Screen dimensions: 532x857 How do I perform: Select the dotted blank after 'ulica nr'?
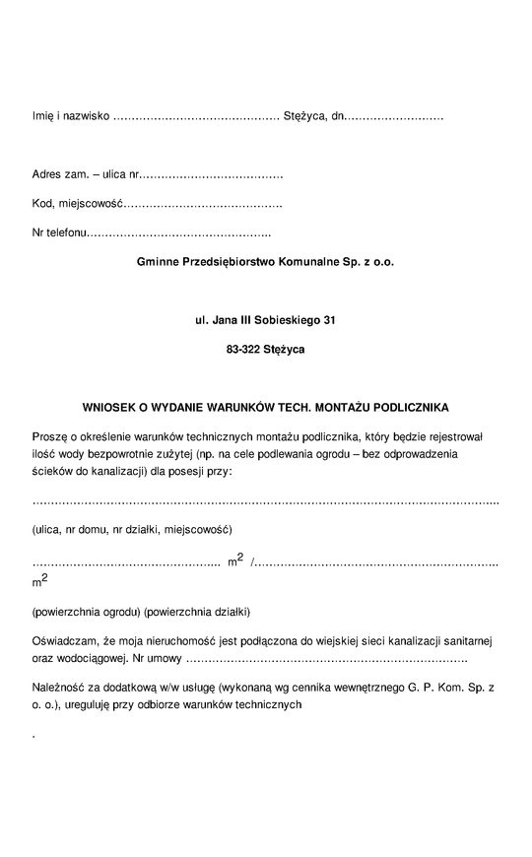coord(212,175)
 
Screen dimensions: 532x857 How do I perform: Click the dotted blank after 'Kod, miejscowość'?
coord(201,204)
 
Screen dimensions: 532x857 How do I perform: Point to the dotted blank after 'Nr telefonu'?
coord(179,233)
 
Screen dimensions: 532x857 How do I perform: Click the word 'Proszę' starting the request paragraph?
coord(48,434)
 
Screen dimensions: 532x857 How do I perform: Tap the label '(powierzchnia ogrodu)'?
coord(87,611)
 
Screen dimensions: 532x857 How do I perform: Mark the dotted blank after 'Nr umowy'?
coord(326,658)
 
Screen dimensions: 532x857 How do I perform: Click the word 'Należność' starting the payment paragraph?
coord(58,687)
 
